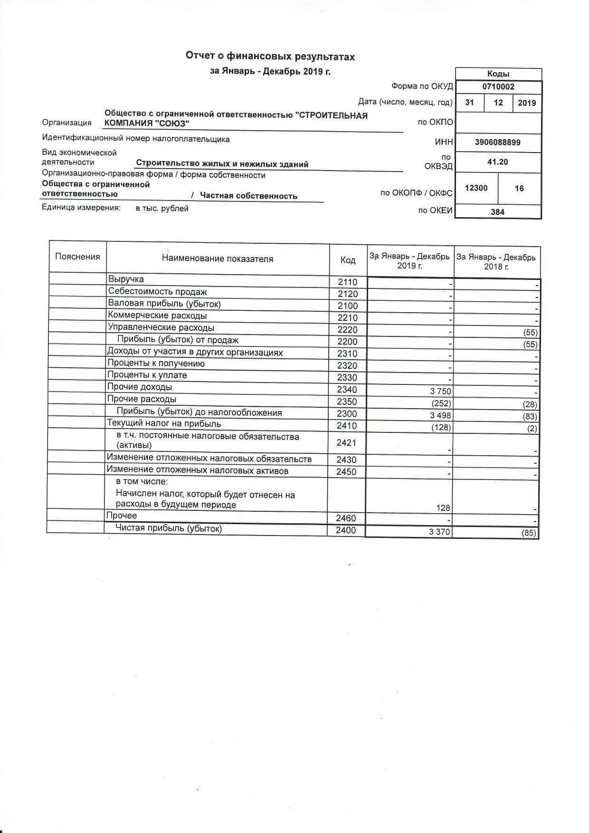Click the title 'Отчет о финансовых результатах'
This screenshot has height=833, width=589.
pyautogui.click(x=270, y=57)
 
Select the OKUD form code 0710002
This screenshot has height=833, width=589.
pyautogui.click(x=498, y=87)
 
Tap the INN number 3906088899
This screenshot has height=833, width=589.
pyautogui.click(x=497, y=142)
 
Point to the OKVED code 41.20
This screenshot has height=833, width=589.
pyautogui.click(x=497, y=162)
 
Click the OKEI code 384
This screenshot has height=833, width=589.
pyautogui.click(x=497, y=212)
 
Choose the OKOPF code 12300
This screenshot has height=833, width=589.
pyautogui.click(x=476, y=188)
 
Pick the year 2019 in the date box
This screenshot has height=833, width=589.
pyautogui.click(x=527, y=103)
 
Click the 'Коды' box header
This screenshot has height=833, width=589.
pyautogui.click(x=498, y=74)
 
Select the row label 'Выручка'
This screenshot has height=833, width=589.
pyautogui.click(x=126, y=279)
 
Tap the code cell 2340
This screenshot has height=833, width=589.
pyautogui.click(x=347, y=390)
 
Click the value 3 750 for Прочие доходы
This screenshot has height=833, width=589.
pyautogui.click(x=440, y=392)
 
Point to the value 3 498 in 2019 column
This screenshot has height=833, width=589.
pyautogui.click(x=440, y=415)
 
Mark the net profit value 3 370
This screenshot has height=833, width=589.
pyautogui.click(x=439, y=532)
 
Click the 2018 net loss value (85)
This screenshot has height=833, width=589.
pyautogui.click(x=529, y=533)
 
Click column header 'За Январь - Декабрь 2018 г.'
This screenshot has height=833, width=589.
pyautogui.click(x=496, y=262)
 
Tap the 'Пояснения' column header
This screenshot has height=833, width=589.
pyautogui.click(x=77, y=257)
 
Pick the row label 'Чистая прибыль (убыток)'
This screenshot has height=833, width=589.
pyautogui.click(x=169, y=528)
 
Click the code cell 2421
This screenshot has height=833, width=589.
pyautogui.click(x=346, y=443)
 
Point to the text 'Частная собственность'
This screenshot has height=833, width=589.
pyautogui.click(x=248, y=196)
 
